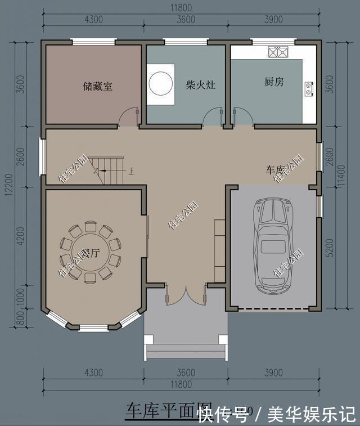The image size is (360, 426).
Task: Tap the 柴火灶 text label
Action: (x=201, y=85)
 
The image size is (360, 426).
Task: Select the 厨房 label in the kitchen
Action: (x=274, y=82)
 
